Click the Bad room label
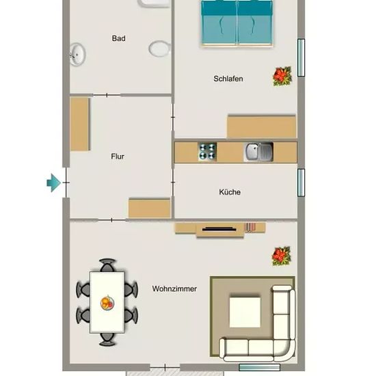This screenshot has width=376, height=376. click(118, 38)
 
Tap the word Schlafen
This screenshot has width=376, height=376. click(228, 79)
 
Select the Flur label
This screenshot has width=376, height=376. click(118, 157)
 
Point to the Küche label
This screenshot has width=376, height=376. click(230, 192)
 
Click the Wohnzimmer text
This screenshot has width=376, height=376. click(174, 288)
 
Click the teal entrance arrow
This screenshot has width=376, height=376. click(53, 183)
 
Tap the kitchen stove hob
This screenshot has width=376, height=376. click(208, 152)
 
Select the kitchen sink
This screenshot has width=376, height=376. click(258, 152)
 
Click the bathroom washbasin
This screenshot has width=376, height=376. click(78, 55)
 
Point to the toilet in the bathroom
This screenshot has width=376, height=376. click(160, 49)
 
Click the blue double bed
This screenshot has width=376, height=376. click(237, 23)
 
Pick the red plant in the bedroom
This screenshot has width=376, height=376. click(282, 76)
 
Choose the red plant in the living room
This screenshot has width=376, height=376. click(281, 256)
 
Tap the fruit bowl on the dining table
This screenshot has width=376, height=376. click(107, 303)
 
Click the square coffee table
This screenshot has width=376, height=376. click(245, 312)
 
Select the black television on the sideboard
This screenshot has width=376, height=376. click(219, 229)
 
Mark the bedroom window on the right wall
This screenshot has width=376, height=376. click(301, 57)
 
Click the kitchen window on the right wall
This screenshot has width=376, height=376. click(301, 183)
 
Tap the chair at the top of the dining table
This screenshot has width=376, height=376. click(107, 265)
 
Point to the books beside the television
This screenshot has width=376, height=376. click(250, 227)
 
